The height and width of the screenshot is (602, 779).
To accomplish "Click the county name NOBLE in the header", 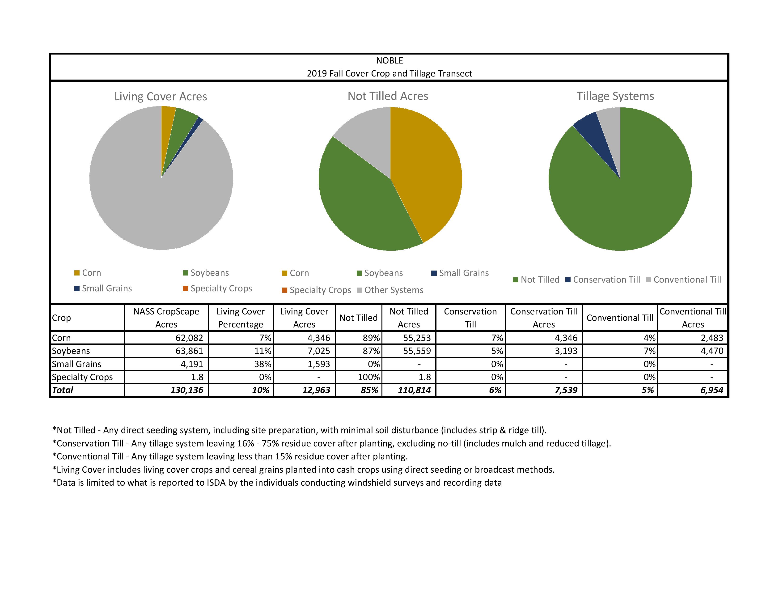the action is (389, 61).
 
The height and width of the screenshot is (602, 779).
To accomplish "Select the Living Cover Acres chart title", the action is (161, 96).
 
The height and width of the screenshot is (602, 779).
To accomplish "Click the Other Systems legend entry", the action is (390, 290).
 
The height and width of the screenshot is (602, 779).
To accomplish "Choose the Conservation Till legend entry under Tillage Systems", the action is (603, 280).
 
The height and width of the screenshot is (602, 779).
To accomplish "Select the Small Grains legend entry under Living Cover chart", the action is (103, 288).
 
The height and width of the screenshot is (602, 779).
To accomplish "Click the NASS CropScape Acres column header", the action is (166, 318).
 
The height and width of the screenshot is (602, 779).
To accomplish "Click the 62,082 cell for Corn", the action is (189, 338).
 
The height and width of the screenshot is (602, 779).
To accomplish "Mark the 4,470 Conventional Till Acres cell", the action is (712, 351).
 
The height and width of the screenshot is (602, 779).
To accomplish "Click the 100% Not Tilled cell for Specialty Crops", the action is (369, 377).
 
